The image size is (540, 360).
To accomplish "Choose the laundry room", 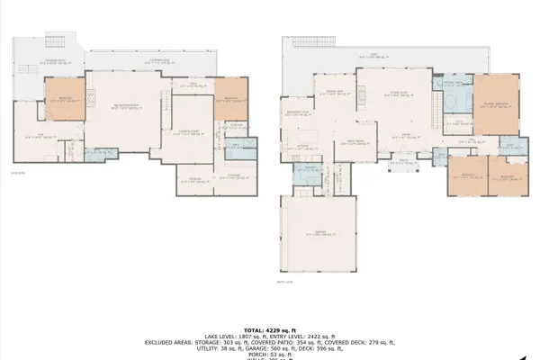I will click(x=307, y=172).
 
